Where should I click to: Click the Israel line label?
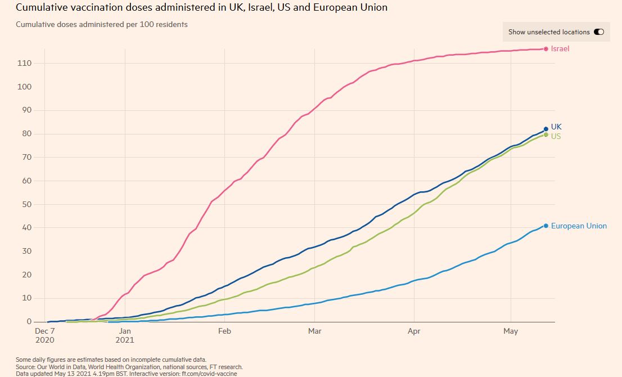click(560, 49)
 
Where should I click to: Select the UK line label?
click(556, 127)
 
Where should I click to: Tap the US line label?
click(556, 136)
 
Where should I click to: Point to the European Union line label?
click(579, 226)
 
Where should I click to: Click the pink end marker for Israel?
click(546, 49)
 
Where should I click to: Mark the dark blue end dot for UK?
click(546, 129)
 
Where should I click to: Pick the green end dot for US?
click(546, 135)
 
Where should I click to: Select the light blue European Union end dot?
click(546, 226)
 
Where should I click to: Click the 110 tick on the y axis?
click(24, 64)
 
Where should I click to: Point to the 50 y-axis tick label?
click(26, 204)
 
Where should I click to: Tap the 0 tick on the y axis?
click(28, 322)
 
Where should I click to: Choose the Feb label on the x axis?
click(224, 331)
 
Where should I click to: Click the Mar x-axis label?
click(315, 331)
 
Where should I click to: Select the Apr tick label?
click(414, 331)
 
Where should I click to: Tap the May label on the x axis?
click(511, 331)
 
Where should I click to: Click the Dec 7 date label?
click(44, 331)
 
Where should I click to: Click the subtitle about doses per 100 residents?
click(102, 25)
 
